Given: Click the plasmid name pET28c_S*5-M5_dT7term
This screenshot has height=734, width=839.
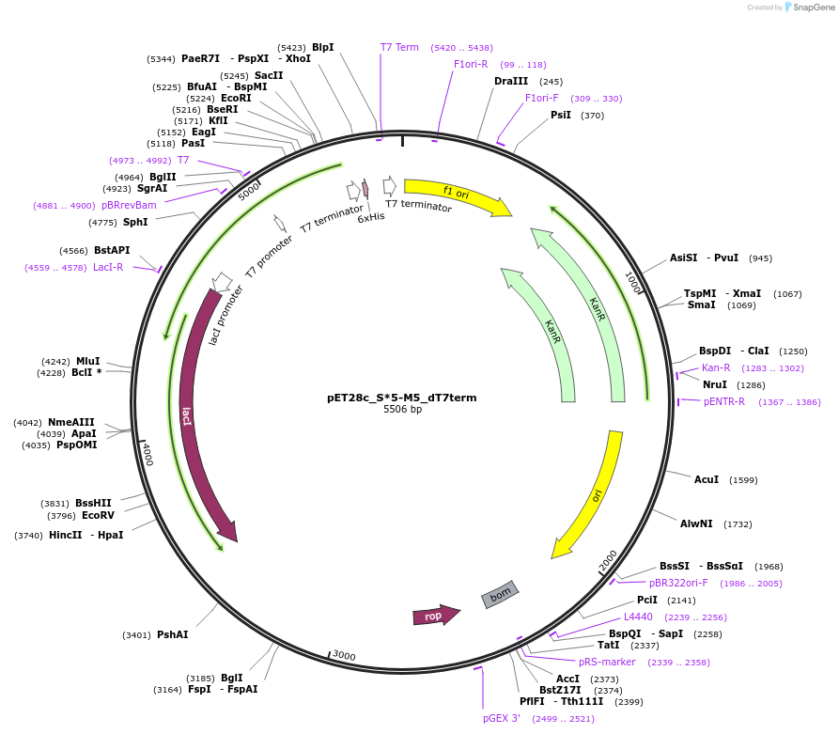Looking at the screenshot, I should coord(401,398).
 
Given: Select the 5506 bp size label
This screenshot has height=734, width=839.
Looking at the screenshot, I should coord(402,410).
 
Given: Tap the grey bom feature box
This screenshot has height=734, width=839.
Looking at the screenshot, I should coord(500,594).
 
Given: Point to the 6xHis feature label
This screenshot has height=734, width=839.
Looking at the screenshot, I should coord(371,217).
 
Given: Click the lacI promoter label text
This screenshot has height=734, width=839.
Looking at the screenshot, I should coord(226,314).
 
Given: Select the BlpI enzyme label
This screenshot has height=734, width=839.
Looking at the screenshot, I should coord(322,47).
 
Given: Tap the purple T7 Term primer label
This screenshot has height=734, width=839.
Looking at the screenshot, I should coord(399,47).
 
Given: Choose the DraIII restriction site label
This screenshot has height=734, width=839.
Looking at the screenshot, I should coord(511,81).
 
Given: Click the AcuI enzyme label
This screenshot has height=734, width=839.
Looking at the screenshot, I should coord(707,479).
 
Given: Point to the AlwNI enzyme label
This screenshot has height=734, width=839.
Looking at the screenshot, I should coord(696,523).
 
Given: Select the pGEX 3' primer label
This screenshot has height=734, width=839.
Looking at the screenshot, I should coord(502,718).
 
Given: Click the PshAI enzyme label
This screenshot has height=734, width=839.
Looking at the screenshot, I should coord(172,634).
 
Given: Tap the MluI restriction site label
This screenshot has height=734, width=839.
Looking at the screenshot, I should coord(88,361).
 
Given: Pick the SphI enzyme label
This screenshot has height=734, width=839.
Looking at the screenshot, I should coord(135,222).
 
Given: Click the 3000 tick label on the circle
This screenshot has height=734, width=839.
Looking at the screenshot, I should coord(344,655).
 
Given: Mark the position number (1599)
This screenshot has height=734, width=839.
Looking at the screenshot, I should coord(743,480).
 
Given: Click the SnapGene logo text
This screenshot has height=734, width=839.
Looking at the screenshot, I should coord(815,8).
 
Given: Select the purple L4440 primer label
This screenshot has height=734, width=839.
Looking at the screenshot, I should coord(638,617).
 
